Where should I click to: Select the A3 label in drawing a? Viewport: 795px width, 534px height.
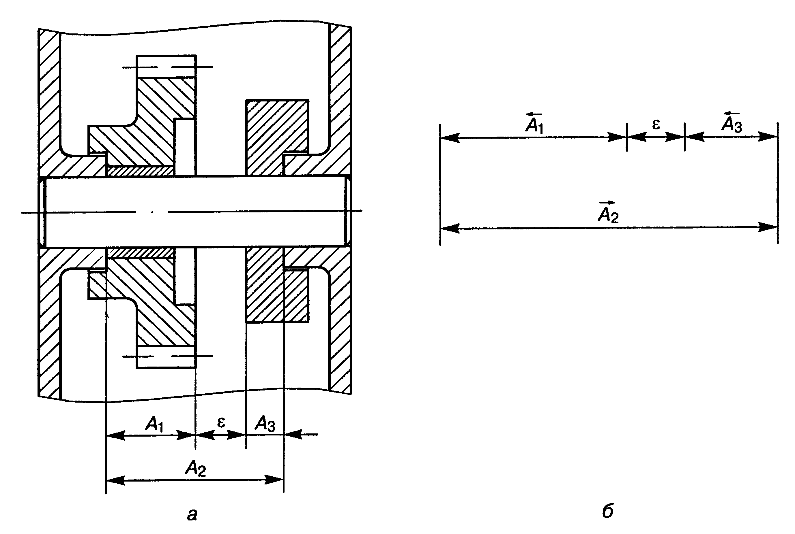click(265, 424)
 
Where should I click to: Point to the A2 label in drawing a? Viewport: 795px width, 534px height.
click(195, 468)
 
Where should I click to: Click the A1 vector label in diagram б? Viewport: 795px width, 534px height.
click(534, 124)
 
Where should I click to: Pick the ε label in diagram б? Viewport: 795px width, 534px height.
click(656, 124)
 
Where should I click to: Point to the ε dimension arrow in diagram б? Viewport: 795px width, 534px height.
click(656, 137)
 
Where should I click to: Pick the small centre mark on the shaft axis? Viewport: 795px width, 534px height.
click(152, 212)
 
